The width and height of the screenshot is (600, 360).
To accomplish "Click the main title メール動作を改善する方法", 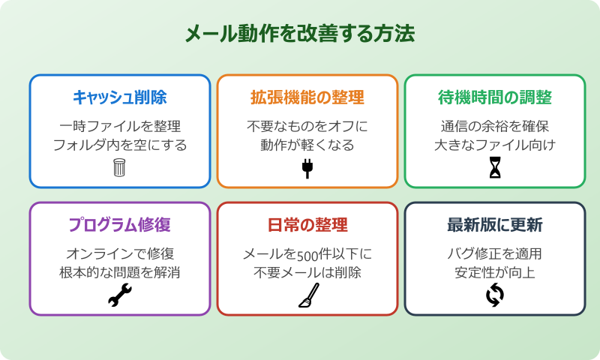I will point(299,35).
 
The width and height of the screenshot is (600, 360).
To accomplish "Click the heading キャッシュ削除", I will point(119,97).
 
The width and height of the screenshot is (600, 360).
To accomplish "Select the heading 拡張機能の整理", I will point(307,97).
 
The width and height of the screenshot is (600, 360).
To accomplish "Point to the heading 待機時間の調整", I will point(494,97).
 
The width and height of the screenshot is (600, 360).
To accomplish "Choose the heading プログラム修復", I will point(119,225).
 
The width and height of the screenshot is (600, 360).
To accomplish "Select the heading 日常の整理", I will point(307,225).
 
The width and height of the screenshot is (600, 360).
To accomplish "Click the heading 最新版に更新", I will point(494,225).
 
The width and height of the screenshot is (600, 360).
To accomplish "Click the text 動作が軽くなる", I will point(307,145).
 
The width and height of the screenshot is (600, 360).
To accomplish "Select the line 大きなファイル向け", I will point(494,145).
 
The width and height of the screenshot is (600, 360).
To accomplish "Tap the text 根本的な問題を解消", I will point(119,272).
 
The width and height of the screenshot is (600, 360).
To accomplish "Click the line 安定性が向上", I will point(494,272).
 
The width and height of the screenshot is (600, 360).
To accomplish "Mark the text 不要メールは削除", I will point(307,272).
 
